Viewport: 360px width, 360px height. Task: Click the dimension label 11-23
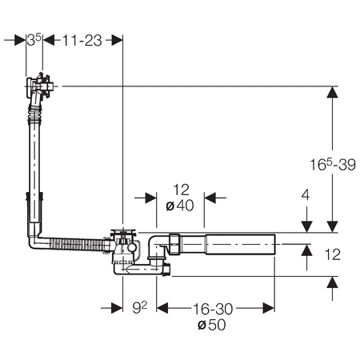(82, 41)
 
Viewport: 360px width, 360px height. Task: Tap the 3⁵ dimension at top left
(34, 40)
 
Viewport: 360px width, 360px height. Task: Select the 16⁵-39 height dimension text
(333, 164)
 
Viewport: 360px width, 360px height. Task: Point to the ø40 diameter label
(180, 206)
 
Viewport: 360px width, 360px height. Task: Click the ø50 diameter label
(212, 325)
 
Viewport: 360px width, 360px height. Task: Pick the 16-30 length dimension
(213, 310)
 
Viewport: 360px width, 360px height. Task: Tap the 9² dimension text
(140, 308)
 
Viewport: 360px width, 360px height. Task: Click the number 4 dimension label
(306, 195)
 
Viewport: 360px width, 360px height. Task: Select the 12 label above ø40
(181, 190)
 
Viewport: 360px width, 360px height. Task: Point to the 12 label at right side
(333, 254)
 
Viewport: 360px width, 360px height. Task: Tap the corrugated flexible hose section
(78, 244)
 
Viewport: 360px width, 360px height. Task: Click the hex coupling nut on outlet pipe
(174, 244)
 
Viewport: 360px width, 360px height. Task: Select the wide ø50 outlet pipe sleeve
(240, 244)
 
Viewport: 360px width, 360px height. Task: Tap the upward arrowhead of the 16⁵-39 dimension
(332, 92)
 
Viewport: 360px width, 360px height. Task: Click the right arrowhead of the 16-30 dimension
(269, 308)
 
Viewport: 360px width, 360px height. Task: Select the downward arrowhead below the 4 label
(306, 226)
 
